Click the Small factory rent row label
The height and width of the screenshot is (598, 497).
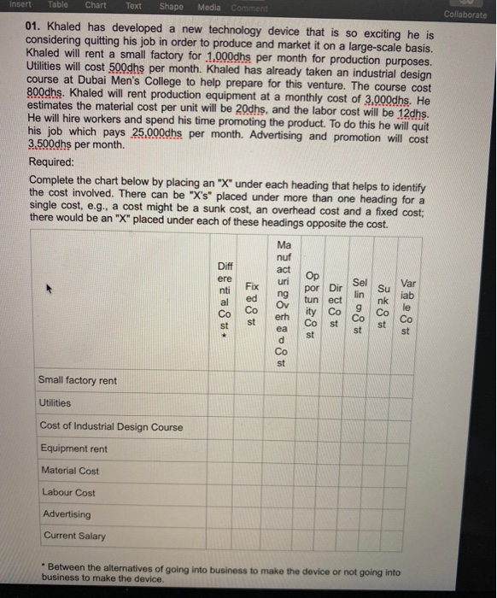click(78, 380)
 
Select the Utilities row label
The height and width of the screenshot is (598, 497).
click(56, 403)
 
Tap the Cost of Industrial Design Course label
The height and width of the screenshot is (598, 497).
click(111, 425)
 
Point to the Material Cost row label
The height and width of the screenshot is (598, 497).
click(70, 470)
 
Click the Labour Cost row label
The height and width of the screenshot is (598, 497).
click(67, 492)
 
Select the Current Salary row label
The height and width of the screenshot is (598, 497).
click(73, 536)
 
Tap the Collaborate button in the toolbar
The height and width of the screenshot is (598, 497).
click(466, 14)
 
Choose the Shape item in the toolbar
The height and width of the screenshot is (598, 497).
click(171, 6)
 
